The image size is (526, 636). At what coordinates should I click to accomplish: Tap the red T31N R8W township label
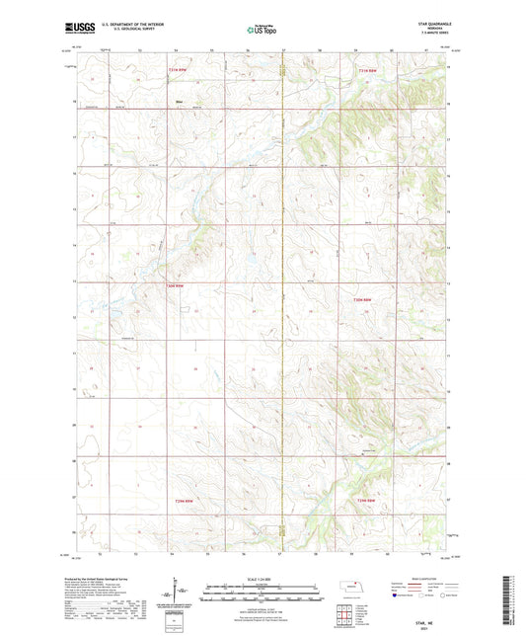[x=365, y=70]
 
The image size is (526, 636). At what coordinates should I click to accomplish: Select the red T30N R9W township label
[x=174, y=288]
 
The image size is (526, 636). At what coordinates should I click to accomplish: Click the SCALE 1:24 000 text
[x=263, y=578]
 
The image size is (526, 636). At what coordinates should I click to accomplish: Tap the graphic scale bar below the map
[x=263, y=596]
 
